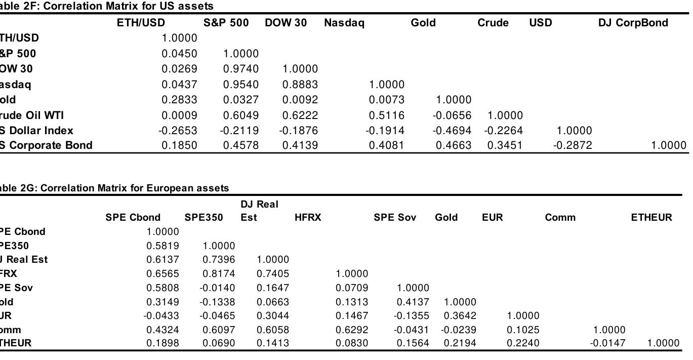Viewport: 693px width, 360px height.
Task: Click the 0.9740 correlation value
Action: click(240, 69)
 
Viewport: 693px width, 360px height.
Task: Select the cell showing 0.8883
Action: click(300, 85)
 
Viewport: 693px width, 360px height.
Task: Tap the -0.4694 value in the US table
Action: click(452, 131)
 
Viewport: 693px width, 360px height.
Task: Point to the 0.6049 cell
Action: click(240, 115)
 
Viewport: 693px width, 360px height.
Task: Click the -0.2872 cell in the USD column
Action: click(572, 146)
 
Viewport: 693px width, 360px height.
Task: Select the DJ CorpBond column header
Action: click(633, 23)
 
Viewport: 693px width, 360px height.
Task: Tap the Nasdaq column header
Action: click(344, 23)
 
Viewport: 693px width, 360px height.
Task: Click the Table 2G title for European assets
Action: click(114, 188)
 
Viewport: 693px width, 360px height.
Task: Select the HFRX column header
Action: click(308, 218)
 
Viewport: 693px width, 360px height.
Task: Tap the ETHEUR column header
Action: click(651, 218)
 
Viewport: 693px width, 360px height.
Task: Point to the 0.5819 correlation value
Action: click(162, 246)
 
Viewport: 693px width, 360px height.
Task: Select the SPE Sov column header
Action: click(395, 218)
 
